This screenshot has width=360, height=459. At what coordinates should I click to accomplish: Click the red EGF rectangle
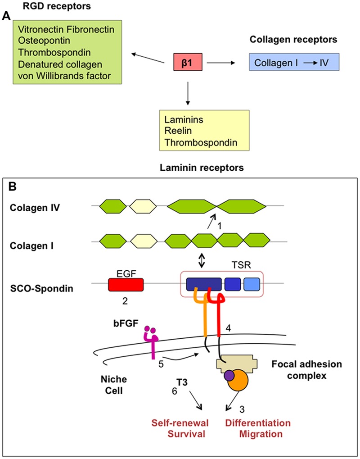126,284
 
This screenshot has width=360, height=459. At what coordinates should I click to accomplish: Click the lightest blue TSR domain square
252,284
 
